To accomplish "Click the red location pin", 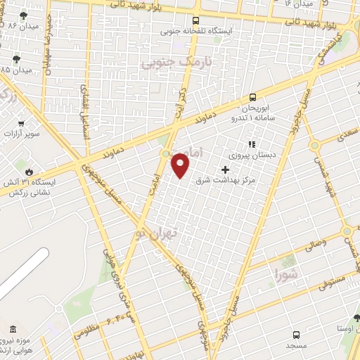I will coord(181,166).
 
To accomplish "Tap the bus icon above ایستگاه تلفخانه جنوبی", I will coord(195,20).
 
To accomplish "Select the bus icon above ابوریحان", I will coord(252,98).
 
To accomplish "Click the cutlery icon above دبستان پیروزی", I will coord(252,144).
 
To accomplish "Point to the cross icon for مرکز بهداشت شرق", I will coord(225,169).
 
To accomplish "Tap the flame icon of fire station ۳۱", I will coord(29,171).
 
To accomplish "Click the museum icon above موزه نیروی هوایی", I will coord(13,330).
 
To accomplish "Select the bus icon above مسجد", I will coord(296,335).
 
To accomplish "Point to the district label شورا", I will coord(286,271).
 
